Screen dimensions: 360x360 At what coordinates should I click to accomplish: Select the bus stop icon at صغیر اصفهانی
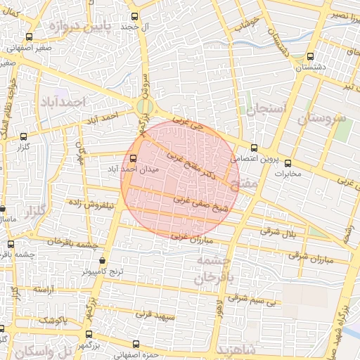point(28,37)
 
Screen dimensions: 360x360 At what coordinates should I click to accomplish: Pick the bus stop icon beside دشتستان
point(311,57)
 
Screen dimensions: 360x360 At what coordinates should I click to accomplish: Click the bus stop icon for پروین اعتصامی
point(254,148)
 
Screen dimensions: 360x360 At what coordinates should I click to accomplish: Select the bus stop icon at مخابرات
point(287,163)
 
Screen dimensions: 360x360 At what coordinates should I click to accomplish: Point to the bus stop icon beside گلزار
point(25,136)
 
